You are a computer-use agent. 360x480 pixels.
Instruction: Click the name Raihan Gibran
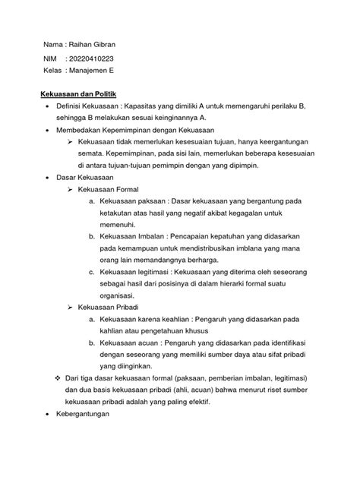[96, 45]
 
